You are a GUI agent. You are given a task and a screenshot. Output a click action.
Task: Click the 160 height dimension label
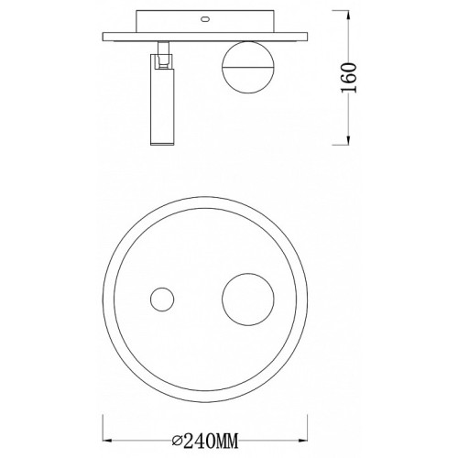pyautogui.click(x=348, y=78)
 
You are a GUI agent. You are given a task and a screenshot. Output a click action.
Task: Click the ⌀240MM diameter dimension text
pyautogui.click(x=204, y=441)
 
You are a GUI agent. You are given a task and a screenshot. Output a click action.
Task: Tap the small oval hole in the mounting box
pyautogui.click(x=204, y=19)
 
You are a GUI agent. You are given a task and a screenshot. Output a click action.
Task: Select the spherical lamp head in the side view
pyautogui.click(x=248, y=67)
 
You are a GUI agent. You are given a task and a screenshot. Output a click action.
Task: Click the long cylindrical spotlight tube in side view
pyautogui.click(x=162, y=100)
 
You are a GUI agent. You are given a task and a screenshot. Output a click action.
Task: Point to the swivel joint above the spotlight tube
pyautogui.click(x=163, y=55)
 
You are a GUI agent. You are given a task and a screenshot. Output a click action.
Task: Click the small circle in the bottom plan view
pyautogui.click(x=162, y=300)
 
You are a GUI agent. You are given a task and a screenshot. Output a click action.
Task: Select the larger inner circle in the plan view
pyautogui.click(x=248, y=273)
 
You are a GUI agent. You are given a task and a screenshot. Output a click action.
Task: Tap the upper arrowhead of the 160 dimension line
pyautogui.click(x=348, y=16)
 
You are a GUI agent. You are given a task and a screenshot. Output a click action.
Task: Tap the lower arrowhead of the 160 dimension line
pyautogui.click(x=348, y=139)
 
